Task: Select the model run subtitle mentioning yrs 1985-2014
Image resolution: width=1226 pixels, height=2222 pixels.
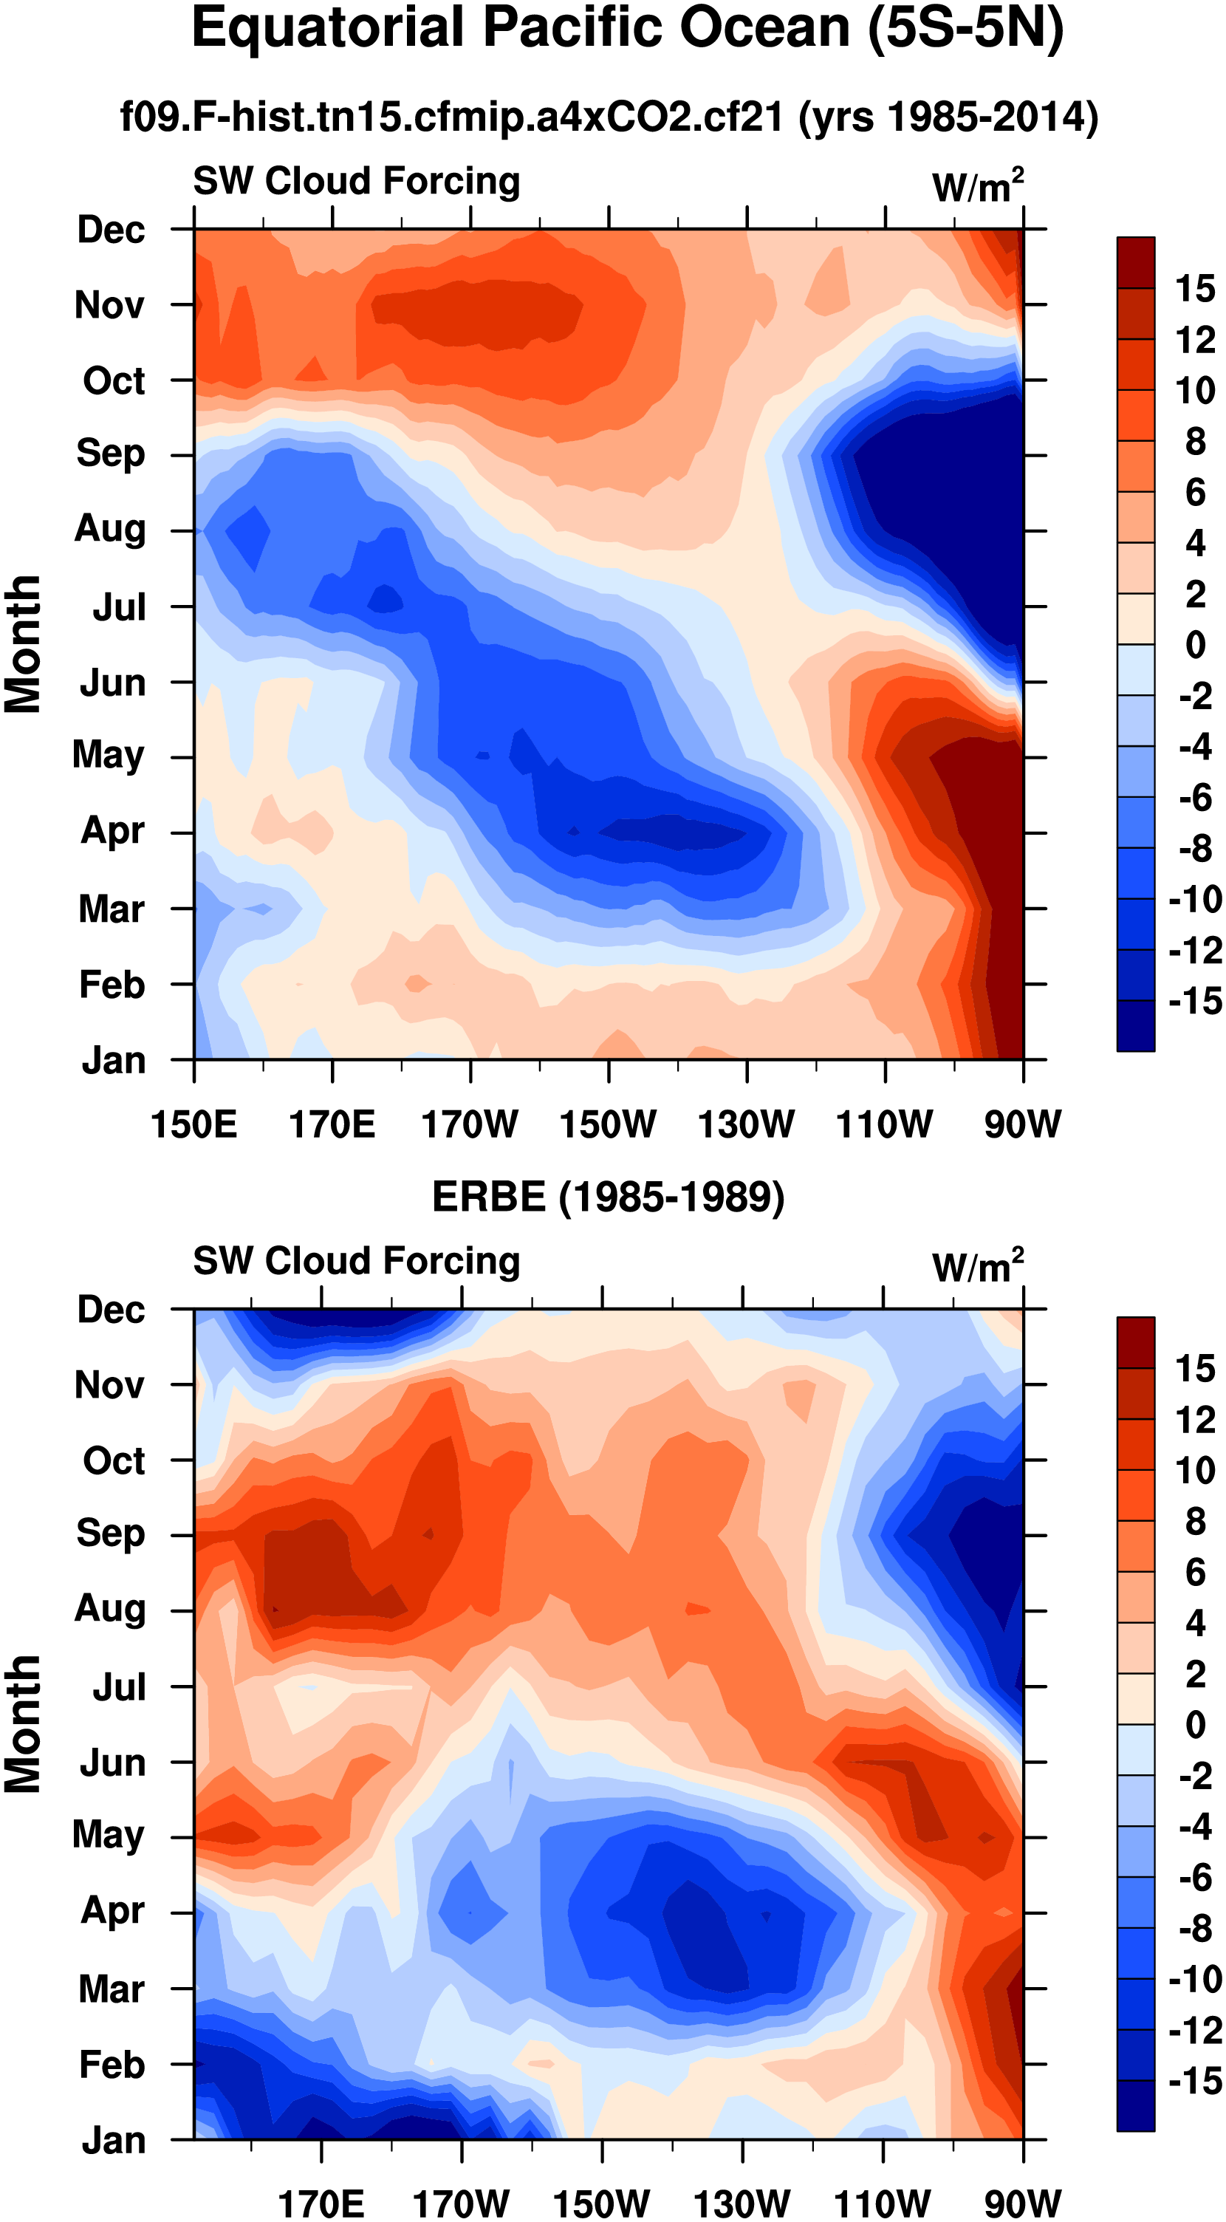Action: coord(609,117)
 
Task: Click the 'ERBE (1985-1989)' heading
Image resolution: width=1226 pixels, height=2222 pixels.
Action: coord(608,1197)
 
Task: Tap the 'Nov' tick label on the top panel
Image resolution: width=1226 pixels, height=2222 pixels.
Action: coord(109,305)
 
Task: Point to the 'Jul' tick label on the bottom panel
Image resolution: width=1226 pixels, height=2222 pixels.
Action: coord(119,1687)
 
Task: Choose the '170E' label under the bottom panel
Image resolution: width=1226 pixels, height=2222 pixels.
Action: coord(321,2202)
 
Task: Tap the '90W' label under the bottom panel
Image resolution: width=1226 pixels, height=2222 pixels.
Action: coord(1023,2202)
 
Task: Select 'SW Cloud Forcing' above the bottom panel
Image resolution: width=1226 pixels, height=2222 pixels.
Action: coord(356,1261)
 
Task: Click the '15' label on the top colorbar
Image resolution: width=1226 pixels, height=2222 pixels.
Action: coord(1195,289)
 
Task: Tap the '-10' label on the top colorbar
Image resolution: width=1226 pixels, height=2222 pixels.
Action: coord(1195,900)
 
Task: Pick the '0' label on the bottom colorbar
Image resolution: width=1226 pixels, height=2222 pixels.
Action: coord(1195,1724)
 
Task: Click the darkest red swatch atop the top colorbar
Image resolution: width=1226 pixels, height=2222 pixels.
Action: coord(1135,262)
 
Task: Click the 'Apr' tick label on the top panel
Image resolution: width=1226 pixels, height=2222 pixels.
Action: coord(112,830)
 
